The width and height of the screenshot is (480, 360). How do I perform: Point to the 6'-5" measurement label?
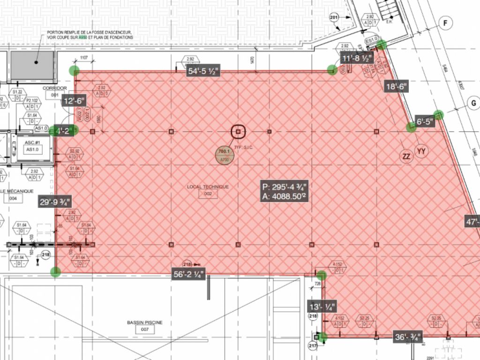[426, 122]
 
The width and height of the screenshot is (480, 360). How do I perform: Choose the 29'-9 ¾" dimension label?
[55, 202]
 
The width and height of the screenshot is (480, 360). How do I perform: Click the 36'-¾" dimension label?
[408, 337]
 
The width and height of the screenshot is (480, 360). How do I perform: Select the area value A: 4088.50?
[285, 197]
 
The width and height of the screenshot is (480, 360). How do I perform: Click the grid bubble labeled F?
[446, 23]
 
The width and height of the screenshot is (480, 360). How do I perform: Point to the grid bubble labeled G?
[473, 104]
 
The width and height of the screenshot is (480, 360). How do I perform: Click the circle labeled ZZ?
[406, 156]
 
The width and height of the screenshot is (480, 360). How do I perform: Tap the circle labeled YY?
[421, 150]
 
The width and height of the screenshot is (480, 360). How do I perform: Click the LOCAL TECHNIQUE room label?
[208, 187]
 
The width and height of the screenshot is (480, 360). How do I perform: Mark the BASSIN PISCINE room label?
[145, 322]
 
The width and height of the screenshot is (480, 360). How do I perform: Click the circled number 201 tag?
[334, 18]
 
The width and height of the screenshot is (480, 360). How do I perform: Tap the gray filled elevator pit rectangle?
[32, 65]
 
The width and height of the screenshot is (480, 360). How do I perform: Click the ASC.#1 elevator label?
[32, 143]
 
